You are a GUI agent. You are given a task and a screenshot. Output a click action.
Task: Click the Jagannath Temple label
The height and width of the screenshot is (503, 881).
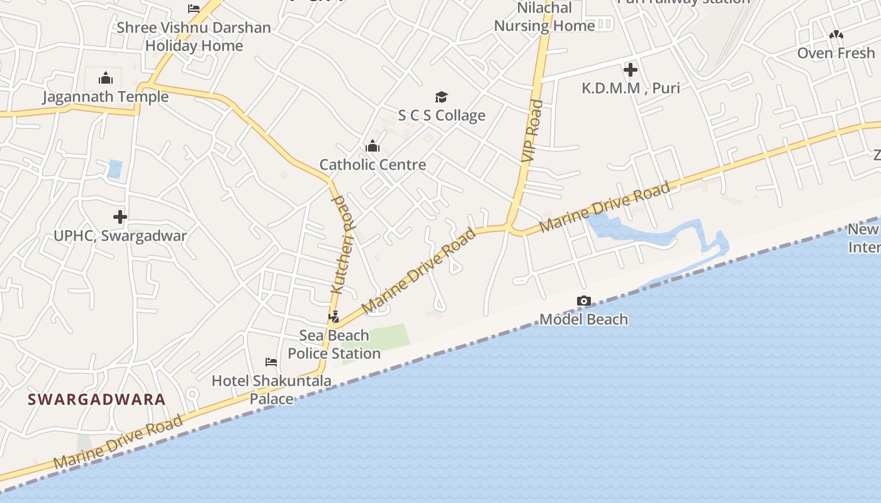[105, 97]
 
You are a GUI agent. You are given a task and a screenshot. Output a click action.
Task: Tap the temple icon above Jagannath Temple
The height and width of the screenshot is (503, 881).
[105, 79]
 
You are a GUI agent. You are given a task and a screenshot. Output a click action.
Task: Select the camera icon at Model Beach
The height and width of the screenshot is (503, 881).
[584, 301]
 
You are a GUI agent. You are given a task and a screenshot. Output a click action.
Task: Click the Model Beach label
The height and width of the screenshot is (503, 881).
[584, 319]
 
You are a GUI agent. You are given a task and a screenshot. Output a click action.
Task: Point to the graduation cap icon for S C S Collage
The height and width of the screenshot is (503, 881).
[442, 97]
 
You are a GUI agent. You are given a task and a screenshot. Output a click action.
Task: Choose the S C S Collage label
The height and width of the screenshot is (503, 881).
[442, 115]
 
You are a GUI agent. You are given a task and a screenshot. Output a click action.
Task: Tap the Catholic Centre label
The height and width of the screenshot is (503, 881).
[373, 165]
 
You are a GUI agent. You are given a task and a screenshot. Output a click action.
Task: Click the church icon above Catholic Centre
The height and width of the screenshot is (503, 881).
[373, 146]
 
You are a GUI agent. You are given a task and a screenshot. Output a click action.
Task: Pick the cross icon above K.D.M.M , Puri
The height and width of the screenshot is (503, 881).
[631, 70]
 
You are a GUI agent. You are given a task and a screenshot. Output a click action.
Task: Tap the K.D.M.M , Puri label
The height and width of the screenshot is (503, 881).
[631, 88]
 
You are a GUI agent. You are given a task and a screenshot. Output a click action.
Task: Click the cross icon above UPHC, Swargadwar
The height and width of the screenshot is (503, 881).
[120, 218]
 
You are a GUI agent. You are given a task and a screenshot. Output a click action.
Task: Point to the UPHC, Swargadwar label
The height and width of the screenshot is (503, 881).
[120, 236]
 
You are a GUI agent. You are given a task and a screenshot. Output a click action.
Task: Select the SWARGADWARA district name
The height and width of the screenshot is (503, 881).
[97, 399]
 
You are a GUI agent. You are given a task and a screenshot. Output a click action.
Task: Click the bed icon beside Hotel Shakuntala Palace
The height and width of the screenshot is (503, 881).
[271, 362]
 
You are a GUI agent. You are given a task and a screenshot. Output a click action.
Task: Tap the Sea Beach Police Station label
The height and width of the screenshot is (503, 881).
[334, 345]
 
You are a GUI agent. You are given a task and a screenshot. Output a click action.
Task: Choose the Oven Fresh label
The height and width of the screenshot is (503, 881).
[836, 53]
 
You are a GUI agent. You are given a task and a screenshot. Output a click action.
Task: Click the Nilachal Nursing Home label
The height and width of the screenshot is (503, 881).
[544, 17]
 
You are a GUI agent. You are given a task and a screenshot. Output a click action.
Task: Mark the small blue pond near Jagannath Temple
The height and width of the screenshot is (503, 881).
[115, 169]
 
